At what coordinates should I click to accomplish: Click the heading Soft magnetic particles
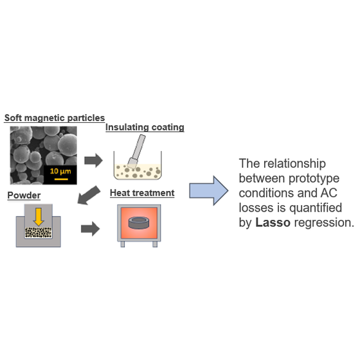pyautogui.click(x=55, y=118)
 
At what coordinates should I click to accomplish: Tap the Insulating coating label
pyautogui.click(x=145, y=127)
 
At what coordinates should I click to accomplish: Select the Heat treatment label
pyautogui.click(x=142, y=193)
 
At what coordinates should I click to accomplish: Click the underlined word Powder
pyautogui.click(x=24, y=195)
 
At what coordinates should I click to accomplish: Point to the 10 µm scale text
pyautogui.click(x=60, y=171)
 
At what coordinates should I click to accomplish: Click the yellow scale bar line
pyautogui.click(x=61, y=179)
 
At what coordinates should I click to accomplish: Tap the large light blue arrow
pyautogui.click(x=209, y=190)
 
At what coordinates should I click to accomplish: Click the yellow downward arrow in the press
pyautogui.click(x=39, y=217)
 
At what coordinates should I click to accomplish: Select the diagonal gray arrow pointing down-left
pyautogui.click(x=89, y=195)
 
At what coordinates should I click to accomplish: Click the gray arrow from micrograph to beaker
pyautogui.click(x=93, y=160)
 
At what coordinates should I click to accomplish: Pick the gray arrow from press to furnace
pyautogui.click(x=90, y=229)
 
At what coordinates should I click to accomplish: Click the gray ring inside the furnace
pyautogui.click(x=139, y=222)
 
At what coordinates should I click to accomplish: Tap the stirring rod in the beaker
pyautogui.click(x=136, y=152)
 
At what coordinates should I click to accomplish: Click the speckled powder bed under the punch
pyautogui.click(x=38, y=232)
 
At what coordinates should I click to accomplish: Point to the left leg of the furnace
pyautogui.click(x=123, y=244)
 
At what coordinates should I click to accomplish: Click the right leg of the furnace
pyautogui.click(x=155, y=244)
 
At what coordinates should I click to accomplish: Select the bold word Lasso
pyautogui.click(x=273, y=222)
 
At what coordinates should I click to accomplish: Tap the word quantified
pyautogui.click(x=316, y=208)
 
